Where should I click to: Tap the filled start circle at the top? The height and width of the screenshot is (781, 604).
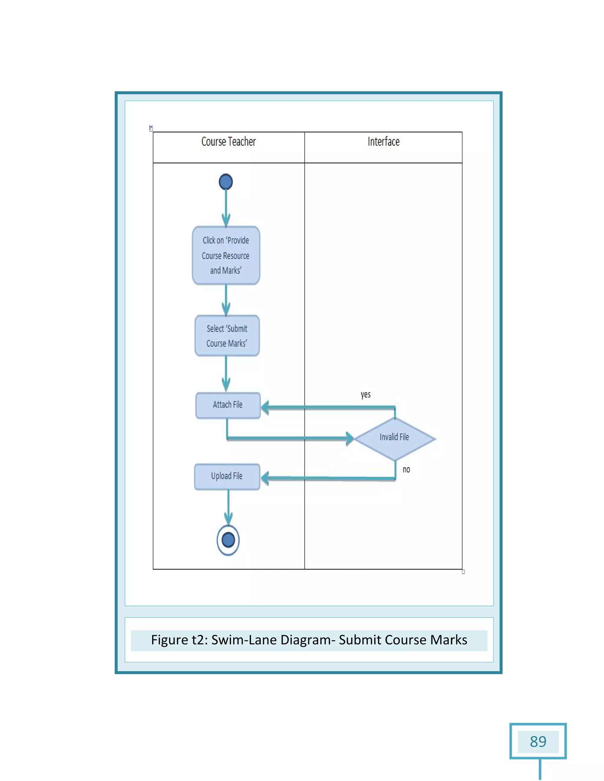pos(226,182)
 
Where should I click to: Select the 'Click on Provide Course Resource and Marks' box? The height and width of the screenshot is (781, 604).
pos(226,255)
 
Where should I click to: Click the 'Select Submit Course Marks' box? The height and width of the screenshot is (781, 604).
pos(227,336)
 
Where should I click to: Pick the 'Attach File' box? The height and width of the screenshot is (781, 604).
pos(228,405)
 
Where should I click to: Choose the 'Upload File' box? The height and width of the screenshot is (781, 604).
pos(227,476)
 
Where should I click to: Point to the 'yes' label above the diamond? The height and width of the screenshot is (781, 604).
pos(365,394)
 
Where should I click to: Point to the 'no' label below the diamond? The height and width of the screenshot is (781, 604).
pos(406,469)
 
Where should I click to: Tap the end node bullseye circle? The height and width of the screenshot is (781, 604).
pos(228,540)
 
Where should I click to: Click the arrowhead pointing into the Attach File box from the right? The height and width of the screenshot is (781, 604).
pos(265,407)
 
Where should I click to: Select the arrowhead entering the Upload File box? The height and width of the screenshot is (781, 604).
pos(265,478)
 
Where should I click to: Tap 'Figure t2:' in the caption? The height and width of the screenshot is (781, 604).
pos(179,640)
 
